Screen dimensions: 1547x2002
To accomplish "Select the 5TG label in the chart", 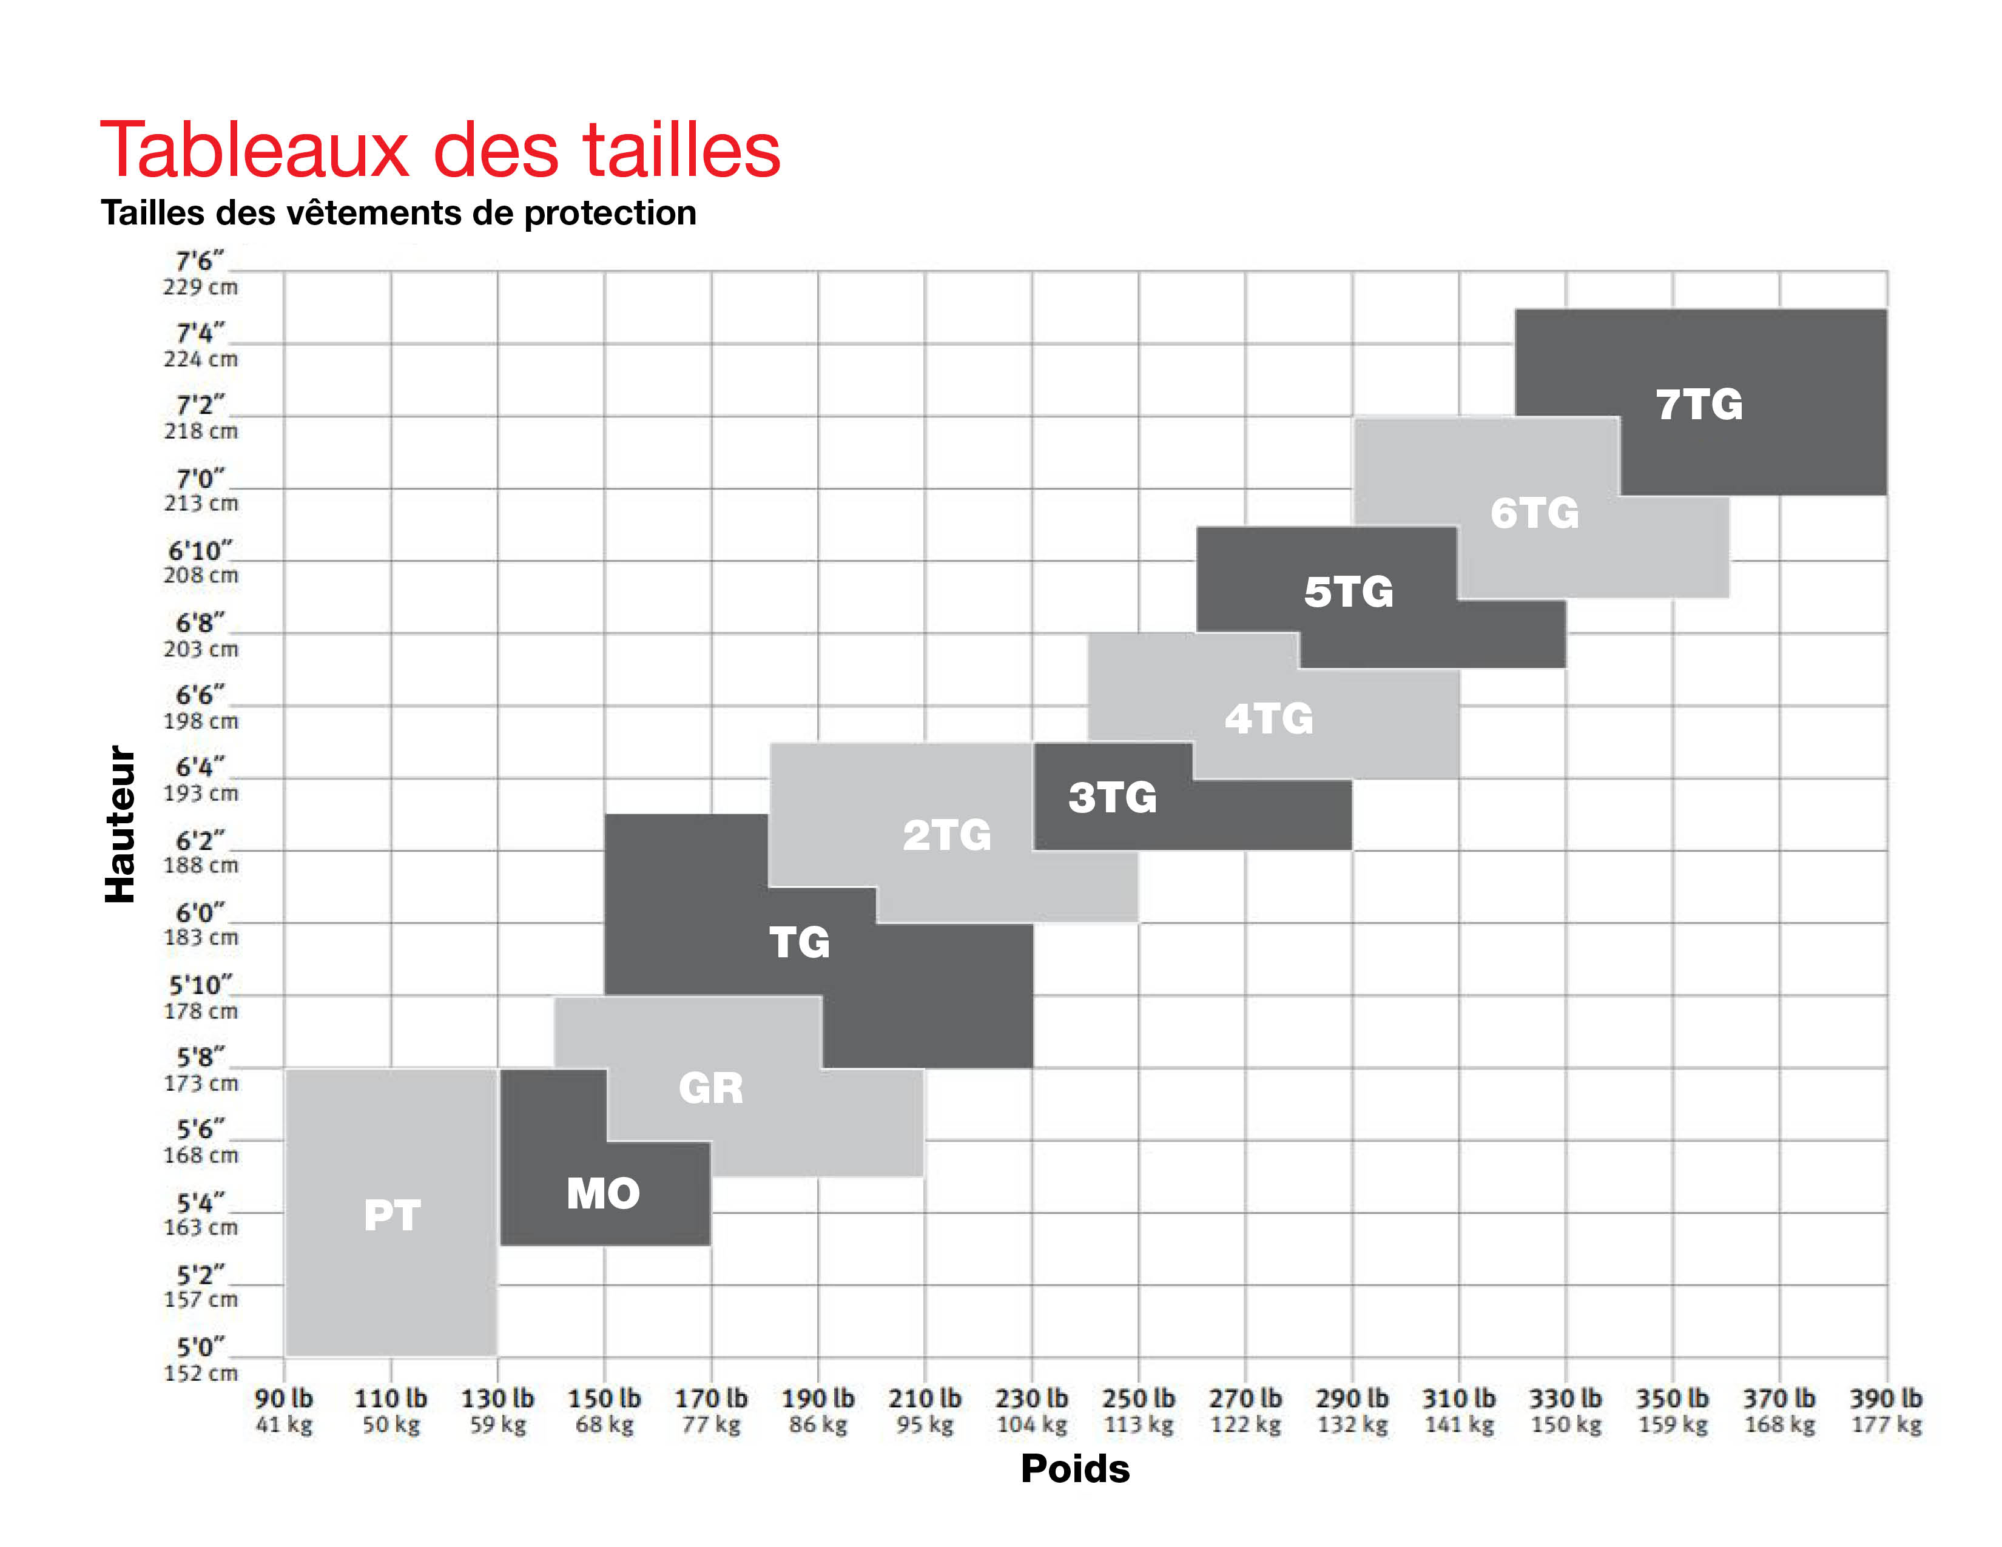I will pos(1349,592).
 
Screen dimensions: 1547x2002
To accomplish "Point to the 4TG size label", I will pos(1269,718).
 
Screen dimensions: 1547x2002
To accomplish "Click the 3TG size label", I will pos(1112,797).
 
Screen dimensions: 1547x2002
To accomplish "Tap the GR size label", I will pos(710,1088).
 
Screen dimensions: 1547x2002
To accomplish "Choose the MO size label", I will pos(603,1193).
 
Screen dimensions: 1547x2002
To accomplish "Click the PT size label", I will pos(393,1215).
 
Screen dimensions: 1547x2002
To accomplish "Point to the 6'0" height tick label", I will pos(200,913).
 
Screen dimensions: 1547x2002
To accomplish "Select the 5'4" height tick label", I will pos(200,1202).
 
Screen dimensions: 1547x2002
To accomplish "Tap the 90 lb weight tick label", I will pos(283,1398).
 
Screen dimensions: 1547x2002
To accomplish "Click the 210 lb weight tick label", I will pos(924,1398).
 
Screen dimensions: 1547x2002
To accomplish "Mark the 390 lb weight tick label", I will pos(1885,1398).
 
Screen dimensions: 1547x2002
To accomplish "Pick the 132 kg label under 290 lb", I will pos(1352,1424).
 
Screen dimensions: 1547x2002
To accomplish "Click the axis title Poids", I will pos(1075,1469).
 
